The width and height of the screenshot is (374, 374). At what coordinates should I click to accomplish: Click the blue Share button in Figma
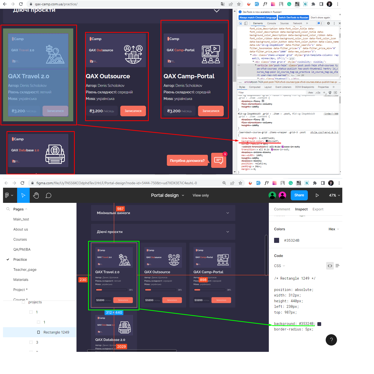[x=299, y=195]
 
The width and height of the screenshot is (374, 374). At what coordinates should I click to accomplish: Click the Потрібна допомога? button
[x=187, y=161]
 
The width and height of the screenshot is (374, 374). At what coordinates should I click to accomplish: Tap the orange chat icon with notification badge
[x=218, y=160]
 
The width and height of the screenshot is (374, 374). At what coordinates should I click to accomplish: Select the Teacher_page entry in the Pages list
[x=25, y=270]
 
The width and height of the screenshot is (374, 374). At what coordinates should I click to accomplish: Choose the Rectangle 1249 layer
[x=56, y=332]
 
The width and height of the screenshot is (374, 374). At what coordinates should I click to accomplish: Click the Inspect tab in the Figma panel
[x=301, y=209]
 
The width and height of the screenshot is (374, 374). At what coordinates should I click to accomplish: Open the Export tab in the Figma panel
[x=318, y=209]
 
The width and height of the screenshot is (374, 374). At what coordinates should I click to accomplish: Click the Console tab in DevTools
[x=271, y=23]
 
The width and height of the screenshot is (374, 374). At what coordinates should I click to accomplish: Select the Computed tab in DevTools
[x=255, y=87]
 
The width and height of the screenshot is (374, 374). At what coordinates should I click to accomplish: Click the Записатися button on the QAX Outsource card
[x=133, y=111]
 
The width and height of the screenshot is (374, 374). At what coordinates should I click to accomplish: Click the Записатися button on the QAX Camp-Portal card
[x=211, y=111]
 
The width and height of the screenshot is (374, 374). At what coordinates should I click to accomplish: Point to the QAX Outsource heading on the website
[x=108, y=76]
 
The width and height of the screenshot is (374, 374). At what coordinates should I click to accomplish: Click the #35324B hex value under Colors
[x=292, y=240]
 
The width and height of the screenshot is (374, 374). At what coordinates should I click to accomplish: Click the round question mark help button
[x=331, y=340]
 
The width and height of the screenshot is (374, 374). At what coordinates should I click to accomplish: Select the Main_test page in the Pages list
[x=21, y=219]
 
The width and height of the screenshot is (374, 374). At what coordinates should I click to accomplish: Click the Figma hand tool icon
[x=36, y=195]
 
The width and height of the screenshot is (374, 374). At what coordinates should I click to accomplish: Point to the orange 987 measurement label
[x=120, y=209]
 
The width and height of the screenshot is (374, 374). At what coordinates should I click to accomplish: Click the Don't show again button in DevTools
[x=320, y=18]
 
